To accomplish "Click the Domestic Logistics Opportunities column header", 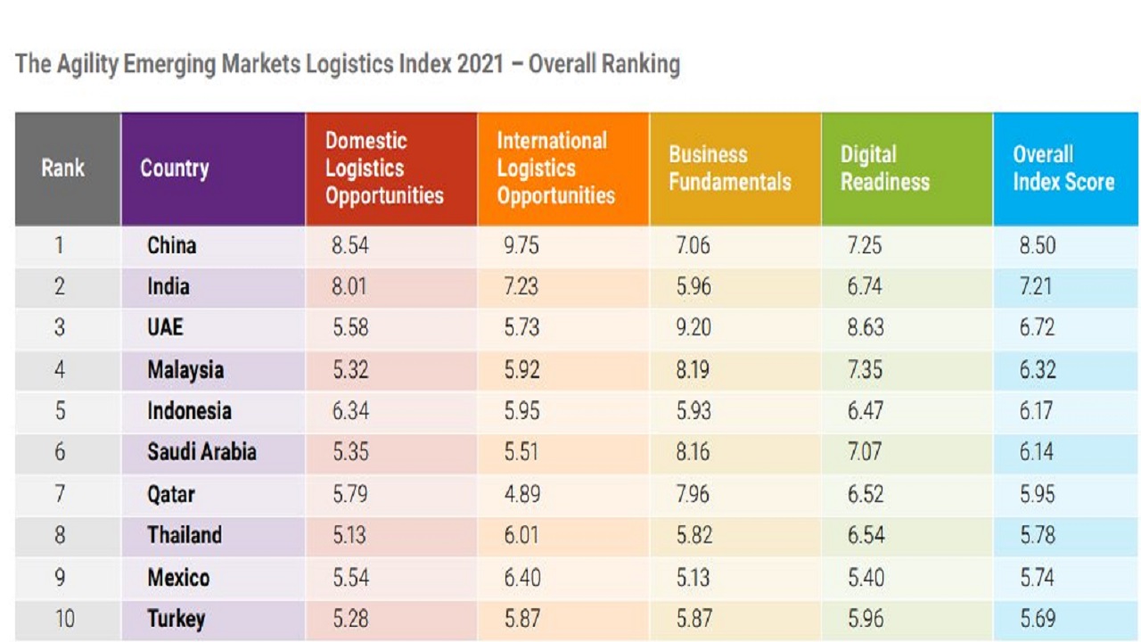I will coord(384,169).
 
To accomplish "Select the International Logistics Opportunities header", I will coord(555,169).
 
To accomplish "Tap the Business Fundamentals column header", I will coord(730,169).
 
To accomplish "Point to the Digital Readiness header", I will coord(884,169).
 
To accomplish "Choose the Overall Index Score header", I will coord(1063,169).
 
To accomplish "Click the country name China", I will coord(172,245).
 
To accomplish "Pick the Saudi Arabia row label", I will coord(201,452).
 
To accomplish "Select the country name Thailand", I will coord(185,535).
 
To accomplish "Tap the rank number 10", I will coord(64,619).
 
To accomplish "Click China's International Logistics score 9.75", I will coord(521,245).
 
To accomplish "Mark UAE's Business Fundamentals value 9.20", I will coord(694,328).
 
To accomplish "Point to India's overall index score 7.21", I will coord(1036,287).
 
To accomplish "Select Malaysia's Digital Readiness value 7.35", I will coord(864,369).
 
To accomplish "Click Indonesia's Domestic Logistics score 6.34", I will coord(349,411).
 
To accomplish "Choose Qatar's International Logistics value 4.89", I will coord(521,494).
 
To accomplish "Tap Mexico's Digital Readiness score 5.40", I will coord(865,577).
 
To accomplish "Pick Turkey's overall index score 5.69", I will coord(1038,619).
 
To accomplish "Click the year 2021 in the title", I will coord(480,65).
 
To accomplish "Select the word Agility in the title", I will coord(89,65).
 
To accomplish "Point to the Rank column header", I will coord(62,169).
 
